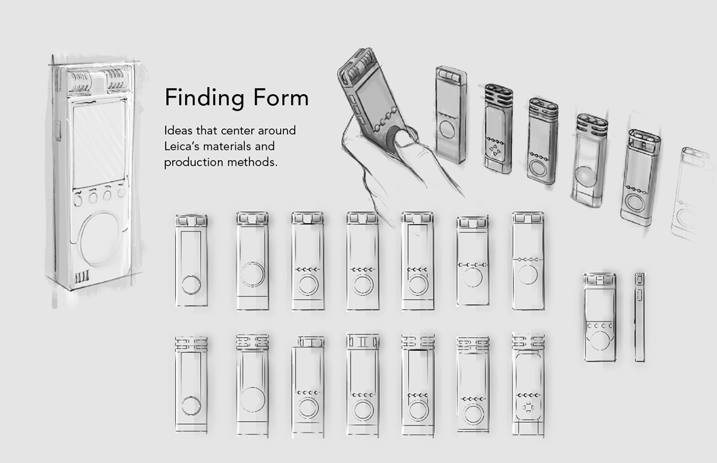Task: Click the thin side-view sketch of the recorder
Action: point(640,316)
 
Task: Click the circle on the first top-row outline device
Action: point(191,285)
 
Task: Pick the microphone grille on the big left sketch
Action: point(98,82)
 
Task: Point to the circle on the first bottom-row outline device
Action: point(191,408)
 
